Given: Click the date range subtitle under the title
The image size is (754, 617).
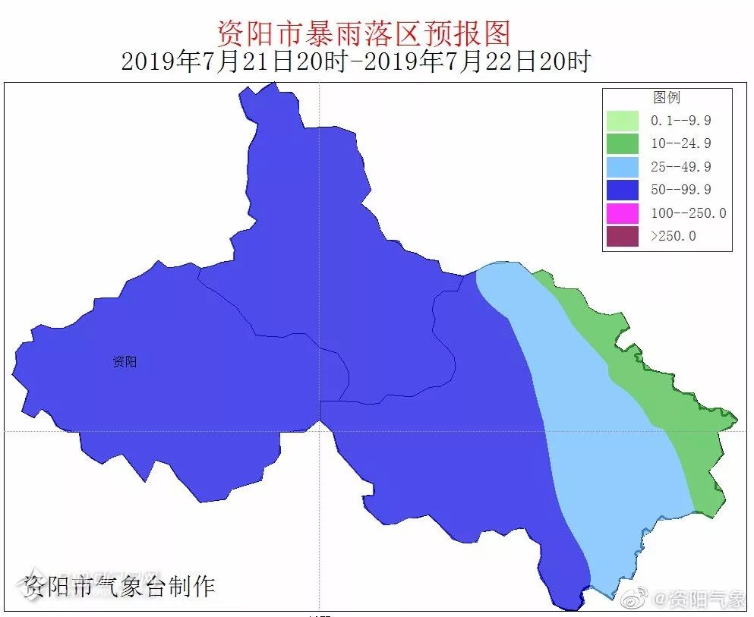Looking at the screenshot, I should click(355, 61).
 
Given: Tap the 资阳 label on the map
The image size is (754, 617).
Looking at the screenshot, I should click(125, 362).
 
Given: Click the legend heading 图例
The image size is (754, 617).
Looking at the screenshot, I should click(667, 97).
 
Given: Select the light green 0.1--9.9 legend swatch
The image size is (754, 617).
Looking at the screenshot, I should click(622, 121).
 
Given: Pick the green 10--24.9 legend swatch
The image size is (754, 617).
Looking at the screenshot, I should click(622, 143).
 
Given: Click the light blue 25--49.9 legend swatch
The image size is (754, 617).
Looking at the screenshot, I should click(622, 166).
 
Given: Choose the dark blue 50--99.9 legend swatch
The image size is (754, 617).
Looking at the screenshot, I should click(622, 190).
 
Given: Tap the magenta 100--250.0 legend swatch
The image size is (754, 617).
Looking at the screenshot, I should click(622, 212).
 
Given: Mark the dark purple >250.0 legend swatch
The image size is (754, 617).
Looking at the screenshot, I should click(622, 236).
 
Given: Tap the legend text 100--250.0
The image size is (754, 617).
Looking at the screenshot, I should click(688, 212).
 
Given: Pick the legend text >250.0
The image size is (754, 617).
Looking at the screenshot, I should click(673, 236).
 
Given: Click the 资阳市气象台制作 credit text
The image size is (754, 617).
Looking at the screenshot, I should click(119, 586).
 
